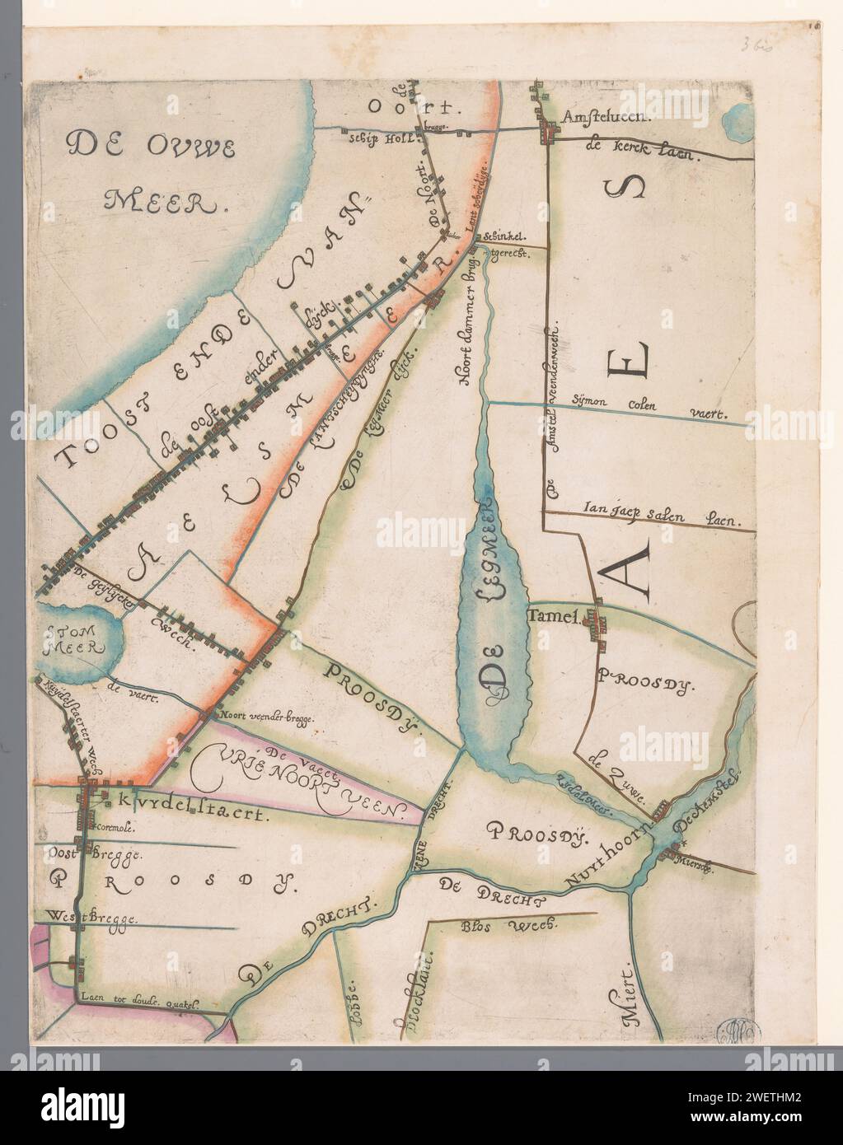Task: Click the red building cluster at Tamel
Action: click(x=595, y=627)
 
